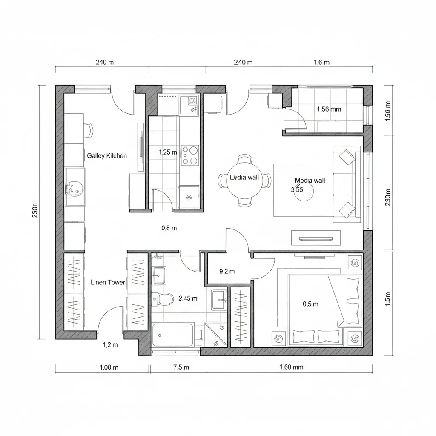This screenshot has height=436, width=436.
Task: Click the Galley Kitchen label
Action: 107,156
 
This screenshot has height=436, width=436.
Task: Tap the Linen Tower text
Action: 108,282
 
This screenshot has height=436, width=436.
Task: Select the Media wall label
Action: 310,181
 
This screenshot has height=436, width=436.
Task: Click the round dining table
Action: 244,181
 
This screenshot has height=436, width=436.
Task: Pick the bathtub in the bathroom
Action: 173,335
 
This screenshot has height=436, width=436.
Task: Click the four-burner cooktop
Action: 190,155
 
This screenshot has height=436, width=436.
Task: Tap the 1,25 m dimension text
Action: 167,152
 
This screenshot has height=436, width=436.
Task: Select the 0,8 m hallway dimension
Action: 169,228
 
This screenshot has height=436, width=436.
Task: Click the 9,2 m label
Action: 227,271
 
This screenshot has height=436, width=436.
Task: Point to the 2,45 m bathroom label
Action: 188,298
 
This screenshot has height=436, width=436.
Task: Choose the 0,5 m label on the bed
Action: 310,304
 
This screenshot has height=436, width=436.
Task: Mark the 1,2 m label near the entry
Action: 110,345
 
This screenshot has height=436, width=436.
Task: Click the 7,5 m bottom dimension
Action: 181,367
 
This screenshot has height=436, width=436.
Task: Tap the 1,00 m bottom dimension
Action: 109,367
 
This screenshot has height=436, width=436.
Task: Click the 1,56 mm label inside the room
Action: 329,109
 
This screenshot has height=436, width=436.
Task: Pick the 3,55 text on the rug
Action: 297,190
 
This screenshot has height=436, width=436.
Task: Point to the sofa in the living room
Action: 347,184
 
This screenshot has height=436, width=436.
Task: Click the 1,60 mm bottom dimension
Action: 291,367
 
